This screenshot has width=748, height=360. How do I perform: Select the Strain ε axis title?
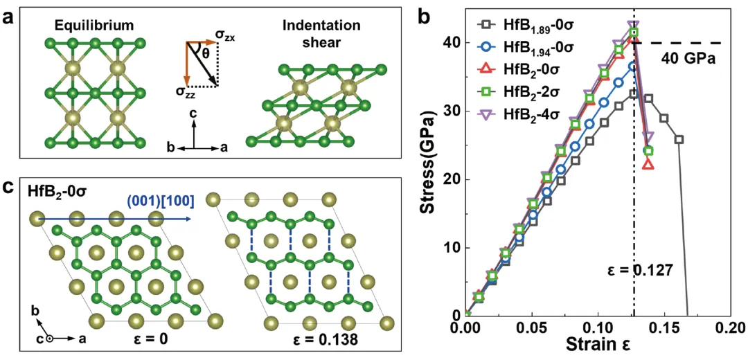[x=596, y=344]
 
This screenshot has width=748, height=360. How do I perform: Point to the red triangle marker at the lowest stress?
[x=648, y=164]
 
